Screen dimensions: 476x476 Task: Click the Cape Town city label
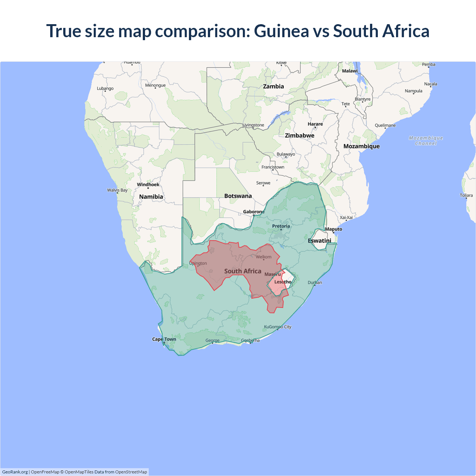164,339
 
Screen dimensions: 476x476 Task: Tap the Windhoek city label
148,184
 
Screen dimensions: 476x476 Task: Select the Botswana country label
238,196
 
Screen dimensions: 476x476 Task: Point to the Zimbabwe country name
299,135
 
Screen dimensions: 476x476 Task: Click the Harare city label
315,124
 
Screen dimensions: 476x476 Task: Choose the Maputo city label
334,229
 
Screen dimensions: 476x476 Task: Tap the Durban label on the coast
315,283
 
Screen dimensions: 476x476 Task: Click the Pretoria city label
281,226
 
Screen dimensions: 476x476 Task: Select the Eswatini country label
319,241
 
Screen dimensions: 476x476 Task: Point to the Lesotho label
283,282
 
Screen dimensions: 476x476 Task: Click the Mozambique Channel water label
426,141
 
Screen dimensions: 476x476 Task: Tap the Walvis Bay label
117,190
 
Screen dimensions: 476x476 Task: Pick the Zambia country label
273,86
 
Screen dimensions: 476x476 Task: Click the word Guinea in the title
281,31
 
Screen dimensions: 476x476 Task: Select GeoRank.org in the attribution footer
15,472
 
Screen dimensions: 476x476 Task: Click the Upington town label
198,263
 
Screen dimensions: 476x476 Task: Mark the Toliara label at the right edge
466,195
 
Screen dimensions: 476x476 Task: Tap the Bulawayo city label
286,154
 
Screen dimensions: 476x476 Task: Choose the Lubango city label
105,89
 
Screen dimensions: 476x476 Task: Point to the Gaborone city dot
254,215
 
